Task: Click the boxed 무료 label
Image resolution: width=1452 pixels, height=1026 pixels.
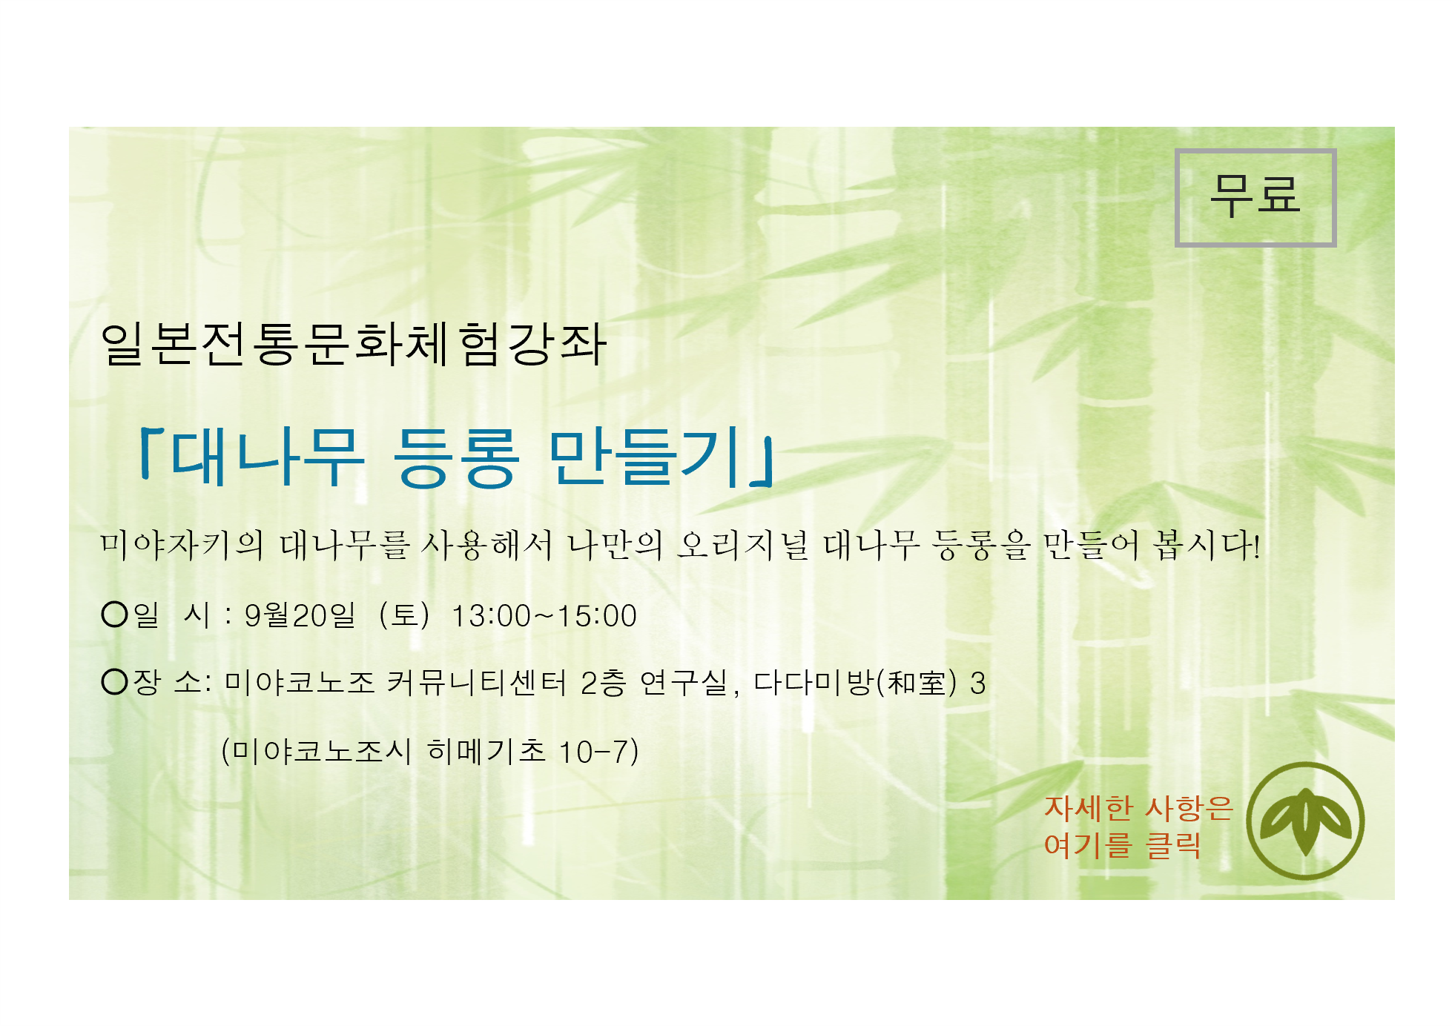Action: tap(1255, 197)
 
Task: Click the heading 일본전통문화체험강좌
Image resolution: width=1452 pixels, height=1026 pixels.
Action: tap(354, 345)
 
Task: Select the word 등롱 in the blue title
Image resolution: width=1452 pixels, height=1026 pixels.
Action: tap(455, 457)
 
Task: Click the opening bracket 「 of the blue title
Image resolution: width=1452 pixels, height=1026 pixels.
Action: tap(151, 452)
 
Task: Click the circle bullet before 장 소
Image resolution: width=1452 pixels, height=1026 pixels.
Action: tap(115, 681)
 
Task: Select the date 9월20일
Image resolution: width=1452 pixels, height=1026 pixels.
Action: tap(300, 615)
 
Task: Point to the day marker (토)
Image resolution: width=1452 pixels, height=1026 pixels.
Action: tap(404, 615)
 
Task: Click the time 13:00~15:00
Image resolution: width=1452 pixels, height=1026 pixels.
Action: tap(544, 616)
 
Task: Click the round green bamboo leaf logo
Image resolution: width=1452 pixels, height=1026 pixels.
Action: tap(1305, 821)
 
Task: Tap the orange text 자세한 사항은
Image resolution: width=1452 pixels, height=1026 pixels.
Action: tap(1138, 808)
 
